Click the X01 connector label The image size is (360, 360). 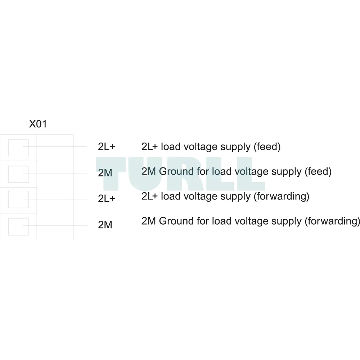click(x=38, y=124)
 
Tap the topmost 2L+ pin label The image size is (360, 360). click(x=107, y=147)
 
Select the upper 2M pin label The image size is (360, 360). click(x=105, y=173)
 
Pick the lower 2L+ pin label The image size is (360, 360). click(x=107, y=198)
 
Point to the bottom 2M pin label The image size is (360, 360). click(x=105, y=225)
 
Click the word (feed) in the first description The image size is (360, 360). click(x=267, y=147)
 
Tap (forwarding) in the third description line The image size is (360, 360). click(x=282, y=197)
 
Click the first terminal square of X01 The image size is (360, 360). click(x=18, y=148)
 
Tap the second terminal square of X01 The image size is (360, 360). click(x=18, y=174)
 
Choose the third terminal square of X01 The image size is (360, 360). click(x=18, y=199)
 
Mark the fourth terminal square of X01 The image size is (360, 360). click(x=18, y=227)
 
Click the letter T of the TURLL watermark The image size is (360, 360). click(x=111, y=174)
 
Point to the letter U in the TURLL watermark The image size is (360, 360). click(x=145, y=174)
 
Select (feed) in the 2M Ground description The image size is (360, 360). click(x=318, y=172)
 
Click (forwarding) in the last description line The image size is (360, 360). click(x=332, y=221)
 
